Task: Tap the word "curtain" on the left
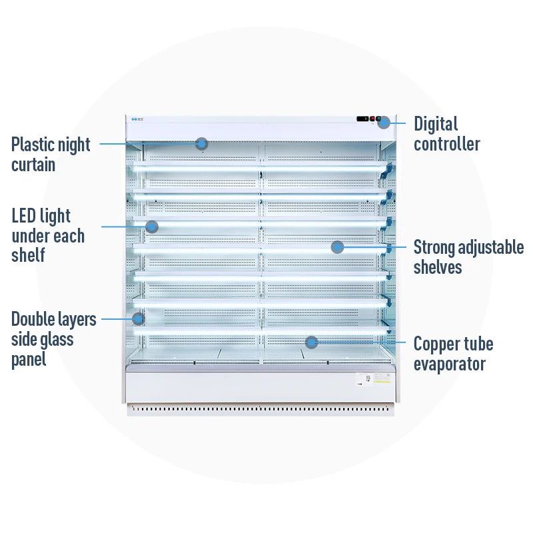pos(33,165)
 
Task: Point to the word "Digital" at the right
pos(436,125)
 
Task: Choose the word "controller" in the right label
pos(446,144)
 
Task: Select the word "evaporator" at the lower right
pos(449,364)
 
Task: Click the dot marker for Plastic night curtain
pos(201,143)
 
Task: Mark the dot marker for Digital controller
pos(384,122)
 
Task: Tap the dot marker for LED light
pos(152,227)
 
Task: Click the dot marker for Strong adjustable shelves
pos(337,247)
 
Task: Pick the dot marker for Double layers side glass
pos(138,319)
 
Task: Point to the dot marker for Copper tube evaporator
pos(310,342)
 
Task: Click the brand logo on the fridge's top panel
pos(135,120)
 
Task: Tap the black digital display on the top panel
pos(362,119)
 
